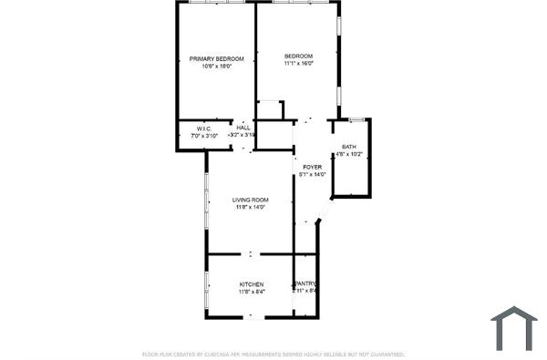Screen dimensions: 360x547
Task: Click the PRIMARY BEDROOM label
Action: [x=216, y=58]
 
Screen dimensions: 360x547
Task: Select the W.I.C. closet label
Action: [x=204, y=129]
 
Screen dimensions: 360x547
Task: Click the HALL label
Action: [x=243, y=128]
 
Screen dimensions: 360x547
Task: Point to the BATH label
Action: [x=349, y=147]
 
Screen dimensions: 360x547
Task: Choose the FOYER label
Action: [x=312, y=167]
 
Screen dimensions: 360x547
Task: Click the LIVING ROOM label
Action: [x=250, y=200]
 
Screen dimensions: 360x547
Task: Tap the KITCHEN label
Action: [x=252, y=284]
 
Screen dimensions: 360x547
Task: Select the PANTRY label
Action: [x=305, y=283]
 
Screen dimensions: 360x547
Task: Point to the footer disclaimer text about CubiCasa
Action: [x=273, y=354]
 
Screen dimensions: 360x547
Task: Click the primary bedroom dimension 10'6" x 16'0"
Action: [x=216, y=66]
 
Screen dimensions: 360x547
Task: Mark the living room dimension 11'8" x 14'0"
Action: [x=250, y=207]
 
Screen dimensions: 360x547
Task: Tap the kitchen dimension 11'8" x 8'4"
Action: [x=252, y=292]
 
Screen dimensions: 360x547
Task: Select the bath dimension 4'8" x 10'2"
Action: [x=349, y=154]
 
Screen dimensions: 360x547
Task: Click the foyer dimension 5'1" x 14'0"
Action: [x=312, y=174]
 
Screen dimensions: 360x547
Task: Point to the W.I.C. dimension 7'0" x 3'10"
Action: [x=204, y=135]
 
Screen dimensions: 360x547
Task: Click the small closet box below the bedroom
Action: [x=270, y=110]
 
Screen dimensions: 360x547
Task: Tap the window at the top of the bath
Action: [x=357, y=119]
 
